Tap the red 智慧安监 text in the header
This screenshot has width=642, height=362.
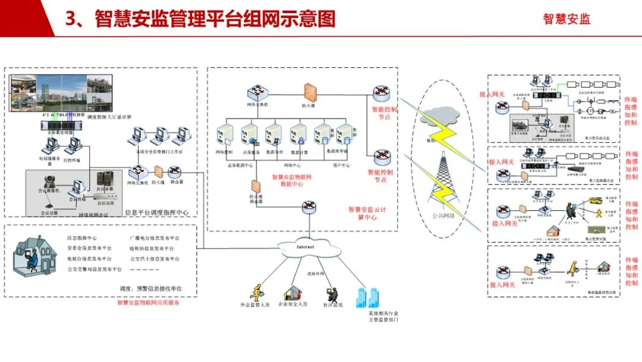pyautogui.click(x=567, y=18)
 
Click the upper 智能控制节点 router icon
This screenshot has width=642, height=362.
pyautogui.click(x=380, y=93)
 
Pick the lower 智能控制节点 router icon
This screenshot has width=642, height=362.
pyautogui.click(x=380, y=158)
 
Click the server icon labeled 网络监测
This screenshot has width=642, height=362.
pyautogui.click(x=224, y=134)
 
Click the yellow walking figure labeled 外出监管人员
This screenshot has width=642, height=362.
pyautogui.click(x=257, y=292)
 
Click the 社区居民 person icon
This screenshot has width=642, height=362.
pyautogui.click(x=332, y=292)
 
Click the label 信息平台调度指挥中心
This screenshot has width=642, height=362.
pyautogui.click(x=157, y=213)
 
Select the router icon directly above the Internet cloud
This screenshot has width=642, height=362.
pyautogui.click(x=308, y=208)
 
